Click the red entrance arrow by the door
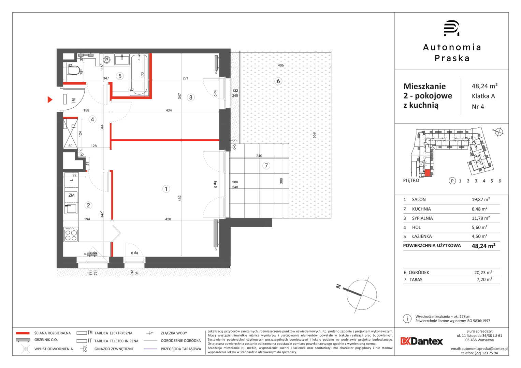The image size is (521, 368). (x=50, y=99)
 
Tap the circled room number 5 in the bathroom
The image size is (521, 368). (x=120, y=76)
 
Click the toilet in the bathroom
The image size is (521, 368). (x=74, y=70)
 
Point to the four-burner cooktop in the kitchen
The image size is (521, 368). (x=71, y=234)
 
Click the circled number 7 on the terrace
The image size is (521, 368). (x=266, y=166)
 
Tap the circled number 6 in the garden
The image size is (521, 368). (x=278, y=81)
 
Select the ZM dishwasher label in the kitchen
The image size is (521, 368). (x=71, y=195)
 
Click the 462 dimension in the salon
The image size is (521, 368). (x=179, y=198)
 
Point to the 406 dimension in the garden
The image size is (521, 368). (x=281, y=65)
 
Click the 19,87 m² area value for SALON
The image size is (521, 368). (x=481, y=199)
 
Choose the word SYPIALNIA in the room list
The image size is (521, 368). (x=422, y=218)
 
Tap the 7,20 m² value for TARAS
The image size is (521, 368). (x=484, y=279)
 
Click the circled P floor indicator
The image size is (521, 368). (x=452, y=181)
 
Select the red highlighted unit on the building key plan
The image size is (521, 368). (x=428, y=173)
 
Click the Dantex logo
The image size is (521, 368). (x=422, y=341)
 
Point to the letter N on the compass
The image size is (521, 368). (x=338, y=287)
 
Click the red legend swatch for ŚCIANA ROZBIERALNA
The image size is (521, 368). (x=23, y=333)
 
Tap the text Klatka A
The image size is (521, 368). (x=483, y=96)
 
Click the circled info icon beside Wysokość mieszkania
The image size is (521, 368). (x=407, y=319)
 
